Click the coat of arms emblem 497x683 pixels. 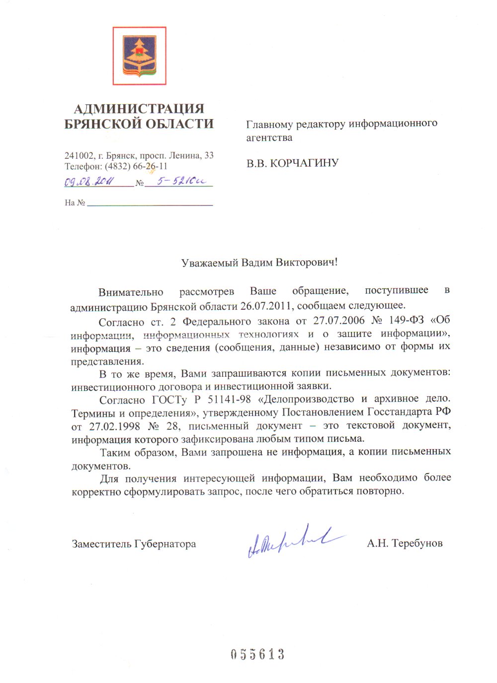[x=139, y=56]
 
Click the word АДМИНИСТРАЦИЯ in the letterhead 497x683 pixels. [x=139, y=109]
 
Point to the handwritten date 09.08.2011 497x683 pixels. [x=89, y=182]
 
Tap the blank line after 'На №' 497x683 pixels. [x=150, y=203]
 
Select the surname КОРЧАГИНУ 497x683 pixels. [x=304, y=163]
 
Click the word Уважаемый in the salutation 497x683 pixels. [x=210, y=263]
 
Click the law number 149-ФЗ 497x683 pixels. [x=407, y=320]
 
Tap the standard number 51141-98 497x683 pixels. [x=229, y=400]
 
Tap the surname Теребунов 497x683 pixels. [x=417, y=544]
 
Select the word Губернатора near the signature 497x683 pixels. [x=165, y=544]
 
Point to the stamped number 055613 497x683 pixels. [x=257, y=654]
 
